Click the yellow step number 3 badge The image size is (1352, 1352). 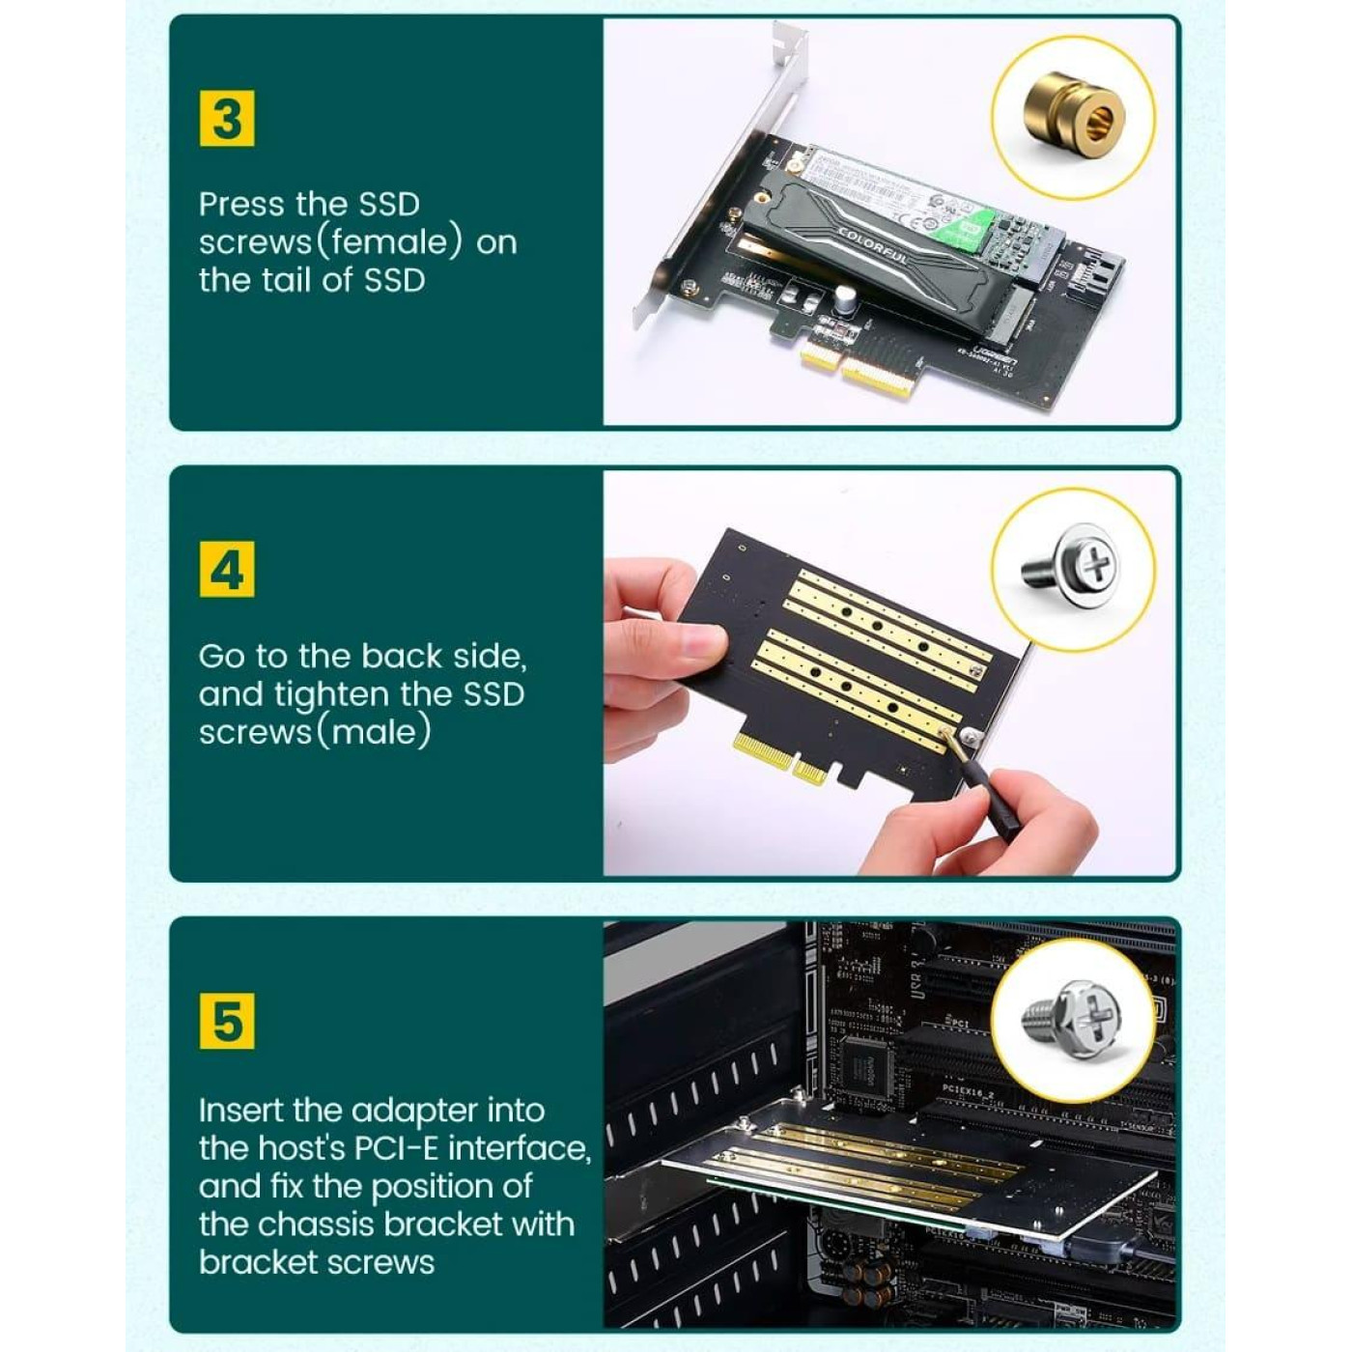[227, 119]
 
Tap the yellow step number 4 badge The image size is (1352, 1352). [227, 570]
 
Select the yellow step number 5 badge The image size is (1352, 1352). [227, 1022]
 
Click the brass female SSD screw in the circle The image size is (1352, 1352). [1073, 117]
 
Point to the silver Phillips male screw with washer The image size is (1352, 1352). [1073, 566]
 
